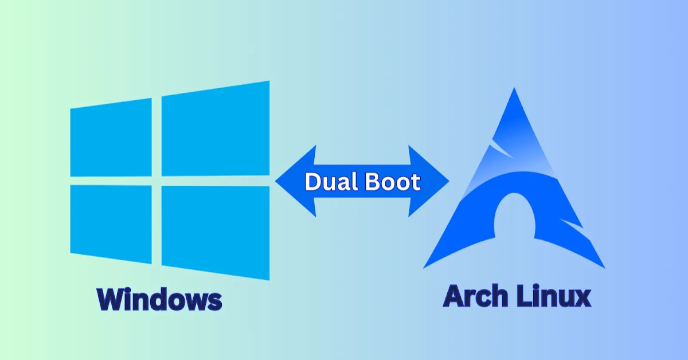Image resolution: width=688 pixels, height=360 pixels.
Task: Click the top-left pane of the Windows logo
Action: (x=111, y=137)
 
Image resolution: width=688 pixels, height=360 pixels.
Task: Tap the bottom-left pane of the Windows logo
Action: (x=111, y=223)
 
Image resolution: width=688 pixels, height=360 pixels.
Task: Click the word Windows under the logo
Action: (x=159, y=299)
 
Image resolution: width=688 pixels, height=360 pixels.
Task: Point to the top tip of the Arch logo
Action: (x=514, y=92)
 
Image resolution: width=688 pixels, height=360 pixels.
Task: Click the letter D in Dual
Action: (x=312, y=182)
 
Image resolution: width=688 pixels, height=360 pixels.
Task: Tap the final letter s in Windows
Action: (x=213, y=301)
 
